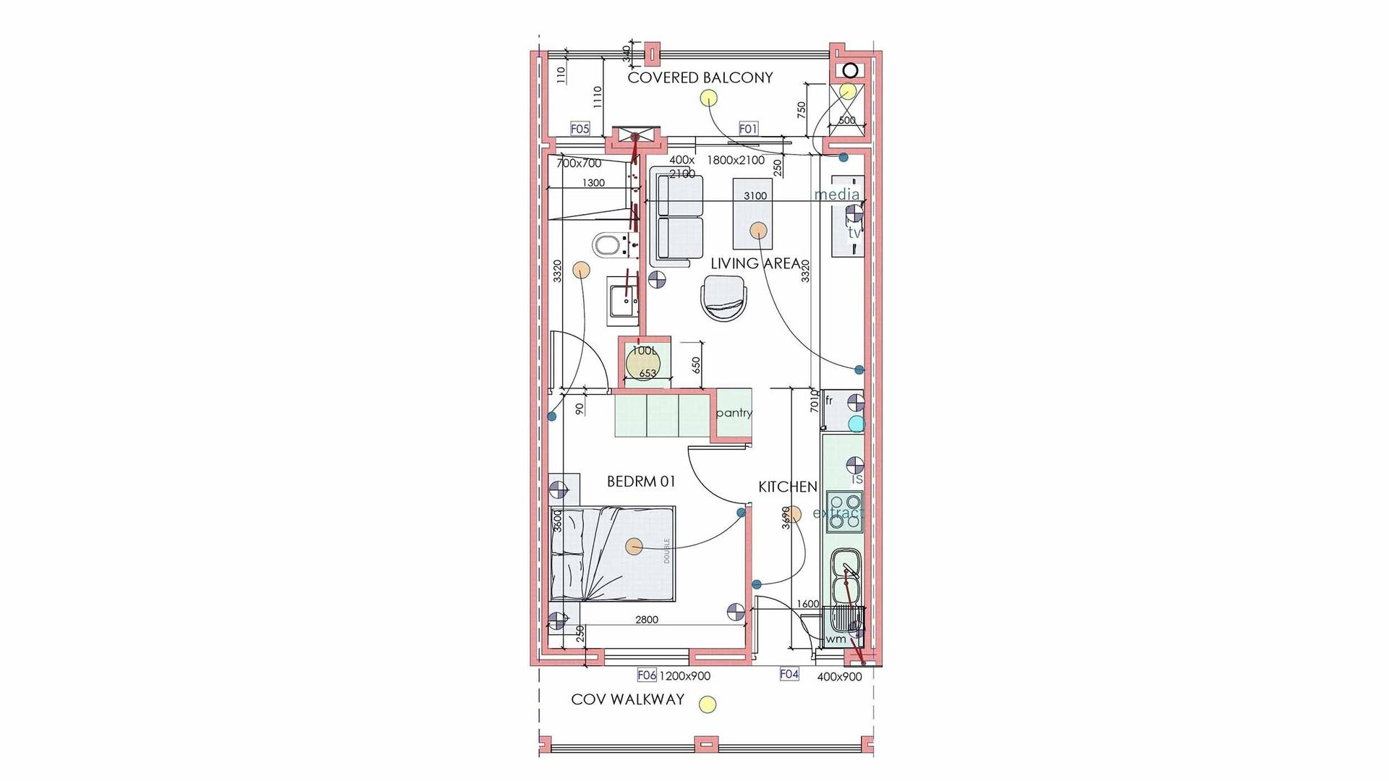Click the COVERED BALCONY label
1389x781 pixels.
click(700, 77)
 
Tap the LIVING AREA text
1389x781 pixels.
click(755, 264)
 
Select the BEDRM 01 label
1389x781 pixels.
click(641, 482)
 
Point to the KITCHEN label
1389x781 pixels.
click(788, 487)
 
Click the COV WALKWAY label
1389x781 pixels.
click(627, 699)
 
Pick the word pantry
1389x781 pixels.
click(734, 413)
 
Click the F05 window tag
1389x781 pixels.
click(580, 129)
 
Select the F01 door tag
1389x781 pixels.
click(748, 129)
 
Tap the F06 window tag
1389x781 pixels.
click(646, 675)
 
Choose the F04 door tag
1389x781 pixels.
click(789, 674)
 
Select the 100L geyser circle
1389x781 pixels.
click(642, 362)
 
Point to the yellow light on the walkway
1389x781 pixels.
click(708, 704)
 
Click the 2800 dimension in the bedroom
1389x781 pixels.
click(647, 620)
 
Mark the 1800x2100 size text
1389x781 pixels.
click(735, 161)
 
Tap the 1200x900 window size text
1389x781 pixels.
click(684, 676)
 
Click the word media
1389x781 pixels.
click(837, 195)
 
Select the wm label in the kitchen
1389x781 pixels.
click(836, 639)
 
